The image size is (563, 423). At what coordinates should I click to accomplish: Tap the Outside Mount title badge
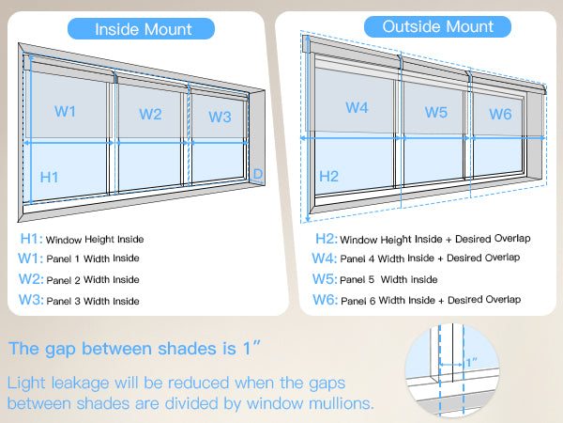click(424, 26)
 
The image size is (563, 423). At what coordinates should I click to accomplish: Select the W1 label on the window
click(66, 111)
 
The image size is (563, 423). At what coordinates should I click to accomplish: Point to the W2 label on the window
click(150, 114)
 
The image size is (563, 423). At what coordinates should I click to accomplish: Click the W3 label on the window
click(220, 117)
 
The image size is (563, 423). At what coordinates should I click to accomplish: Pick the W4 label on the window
click(357, 107)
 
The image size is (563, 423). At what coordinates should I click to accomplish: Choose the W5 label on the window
click(435, 112)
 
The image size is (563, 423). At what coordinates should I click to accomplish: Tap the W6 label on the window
click(500, 114)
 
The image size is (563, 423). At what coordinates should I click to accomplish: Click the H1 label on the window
click(50, 176)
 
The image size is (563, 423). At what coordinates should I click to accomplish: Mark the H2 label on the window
click(328, 175)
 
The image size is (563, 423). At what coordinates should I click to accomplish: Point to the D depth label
click(258, 173)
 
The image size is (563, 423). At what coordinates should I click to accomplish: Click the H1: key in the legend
click(28, 240)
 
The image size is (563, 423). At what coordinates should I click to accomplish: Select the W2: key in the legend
click(30, 279)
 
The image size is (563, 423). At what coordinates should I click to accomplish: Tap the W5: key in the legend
click(325, 278)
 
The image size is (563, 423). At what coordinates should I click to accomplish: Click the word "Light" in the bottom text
click(28, 384)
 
